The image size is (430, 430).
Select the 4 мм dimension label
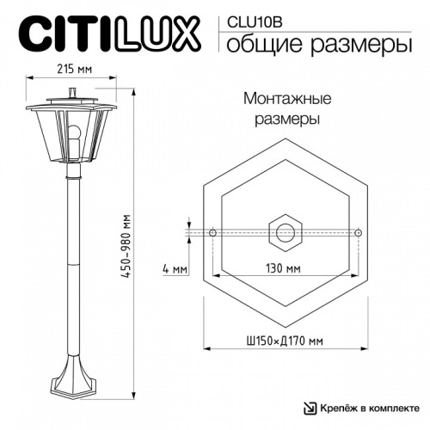click(x=174, y=269)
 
